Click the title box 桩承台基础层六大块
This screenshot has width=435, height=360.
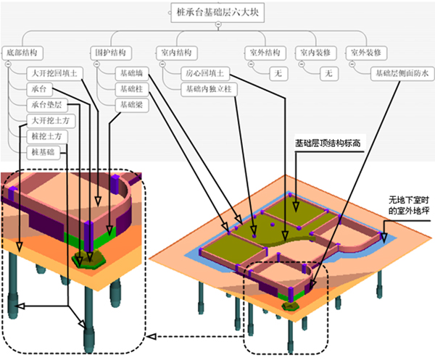217,12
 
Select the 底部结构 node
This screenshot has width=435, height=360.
22,53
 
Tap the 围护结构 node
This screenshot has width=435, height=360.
111,53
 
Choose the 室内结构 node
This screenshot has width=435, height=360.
177,53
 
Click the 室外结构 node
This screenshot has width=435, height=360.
265,53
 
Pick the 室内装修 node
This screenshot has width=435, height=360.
315,53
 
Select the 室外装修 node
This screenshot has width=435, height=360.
366,53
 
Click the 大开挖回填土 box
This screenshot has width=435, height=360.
54,74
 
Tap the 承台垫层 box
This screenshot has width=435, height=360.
47,105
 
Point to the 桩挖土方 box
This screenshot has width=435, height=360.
47,136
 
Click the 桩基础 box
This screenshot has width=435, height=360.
43,152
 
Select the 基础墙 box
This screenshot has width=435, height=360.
132,74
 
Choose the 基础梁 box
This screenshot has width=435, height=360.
132,105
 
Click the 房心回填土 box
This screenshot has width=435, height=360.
205,74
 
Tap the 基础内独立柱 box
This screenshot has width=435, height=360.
209,89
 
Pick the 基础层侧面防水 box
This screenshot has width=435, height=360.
402,74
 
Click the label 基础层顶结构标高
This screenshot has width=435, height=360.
328,143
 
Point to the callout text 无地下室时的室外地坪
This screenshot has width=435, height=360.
409,205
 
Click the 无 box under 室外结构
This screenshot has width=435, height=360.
278,74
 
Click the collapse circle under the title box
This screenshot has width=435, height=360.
218,25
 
